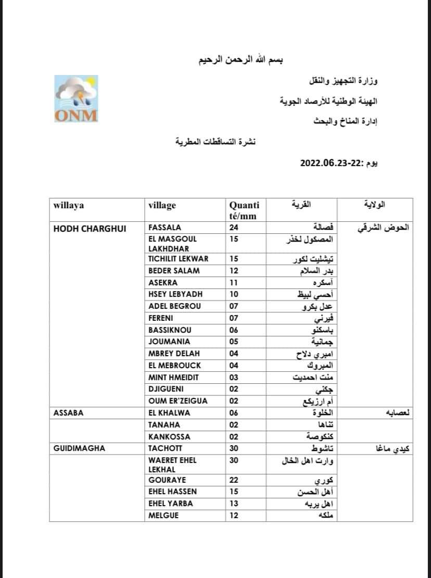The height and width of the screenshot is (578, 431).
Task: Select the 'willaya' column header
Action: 68,206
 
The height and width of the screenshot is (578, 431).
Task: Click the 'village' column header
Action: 162,206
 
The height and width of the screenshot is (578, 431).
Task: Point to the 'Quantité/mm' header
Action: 244,210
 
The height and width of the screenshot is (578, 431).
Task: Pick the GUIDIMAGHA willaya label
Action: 79,448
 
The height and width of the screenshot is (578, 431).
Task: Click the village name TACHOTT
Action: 166,448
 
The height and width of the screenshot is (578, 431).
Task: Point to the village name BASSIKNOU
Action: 170,330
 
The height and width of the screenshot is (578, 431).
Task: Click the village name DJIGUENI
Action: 167,389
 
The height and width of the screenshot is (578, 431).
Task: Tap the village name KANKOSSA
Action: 169,436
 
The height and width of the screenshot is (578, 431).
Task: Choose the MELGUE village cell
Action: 163,516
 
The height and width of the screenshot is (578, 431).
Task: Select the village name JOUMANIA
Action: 169,342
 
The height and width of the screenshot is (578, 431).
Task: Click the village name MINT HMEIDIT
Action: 174,377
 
